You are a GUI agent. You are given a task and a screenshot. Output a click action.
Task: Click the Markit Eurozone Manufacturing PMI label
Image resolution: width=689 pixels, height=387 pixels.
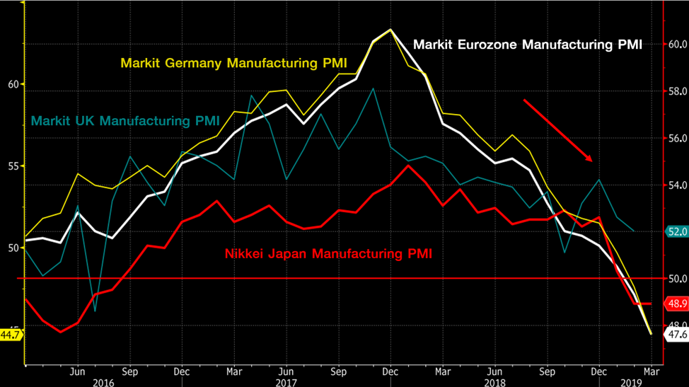coord(528,45)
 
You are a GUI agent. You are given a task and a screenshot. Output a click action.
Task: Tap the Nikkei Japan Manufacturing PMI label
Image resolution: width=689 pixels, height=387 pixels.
coord(328,253)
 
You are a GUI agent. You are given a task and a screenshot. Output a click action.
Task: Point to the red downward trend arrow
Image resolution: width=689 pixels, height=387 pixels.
coord(557,130)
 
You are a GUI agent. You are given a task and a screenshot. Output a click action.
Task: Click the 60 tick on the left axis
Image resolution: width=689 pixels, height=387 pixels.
coord(11,84)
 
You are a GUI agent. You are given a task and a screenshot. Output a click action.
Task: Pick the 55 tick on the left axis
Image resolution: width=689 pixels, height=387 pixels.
coord(11,166)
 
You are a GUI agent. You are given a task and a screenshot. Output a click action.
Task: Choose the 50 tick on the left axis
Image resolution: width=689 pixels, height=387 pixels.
coord(11,248)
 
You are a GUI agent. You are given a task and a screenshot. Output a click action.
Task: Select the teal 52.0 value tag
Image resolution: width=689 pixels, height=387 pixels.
coord(676,231)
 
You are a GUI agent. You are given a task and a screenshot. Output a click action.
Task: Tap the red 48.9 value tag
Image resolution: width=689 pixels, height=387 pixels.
coord(676,304)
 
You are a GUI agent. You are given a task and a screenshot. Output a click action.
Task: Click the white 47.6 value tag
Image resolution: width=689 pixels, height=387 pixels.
coord(676,335)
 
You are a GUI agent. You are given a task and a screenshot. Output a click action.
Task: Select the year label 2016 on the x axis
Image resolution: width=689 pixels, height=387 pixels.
coord(103,382)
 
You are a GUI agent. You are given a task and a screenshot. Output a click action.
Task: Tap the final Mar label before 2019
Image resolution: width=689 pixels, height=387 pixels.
coord(651,371)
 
